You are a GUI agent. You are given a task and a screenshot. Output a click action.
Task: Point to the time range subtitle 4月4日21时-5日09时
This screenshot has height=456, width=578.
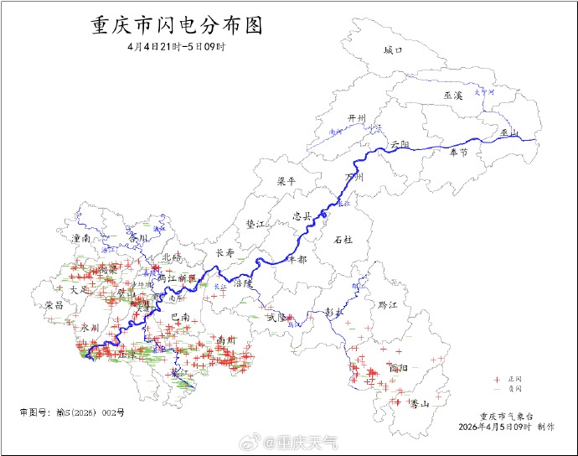(x=176, y=46)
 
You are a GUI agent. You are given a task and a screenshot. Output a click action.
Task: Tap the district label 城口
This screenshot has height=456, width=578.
(x=393, y=50)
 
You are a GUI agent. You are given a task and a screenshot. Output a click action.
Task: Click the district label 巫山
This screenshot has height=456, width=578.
(x=509, y=133)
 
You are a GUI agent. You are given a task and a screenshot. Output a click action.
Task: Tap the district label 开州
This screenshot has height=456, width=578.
(x=358, y=118)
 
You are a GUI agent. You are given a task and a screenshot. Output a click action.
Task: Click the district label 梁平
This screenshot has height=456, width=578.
(x=286, y=181)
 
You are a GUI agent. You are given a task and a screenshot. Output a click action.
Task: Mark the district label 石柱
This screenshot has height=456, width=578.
(x=343, y=240)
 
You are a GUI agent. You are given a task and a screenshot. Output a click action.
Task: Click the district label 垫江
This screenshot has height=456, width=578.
(x=255, y=225)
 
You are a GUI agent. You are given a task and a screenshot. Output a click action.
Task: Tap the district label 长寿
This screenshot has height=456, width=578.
(x=225, y=252)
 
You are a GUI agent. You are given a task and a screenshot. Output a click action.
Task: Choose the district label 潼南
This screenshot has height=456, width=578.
(x=82, y=239)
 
